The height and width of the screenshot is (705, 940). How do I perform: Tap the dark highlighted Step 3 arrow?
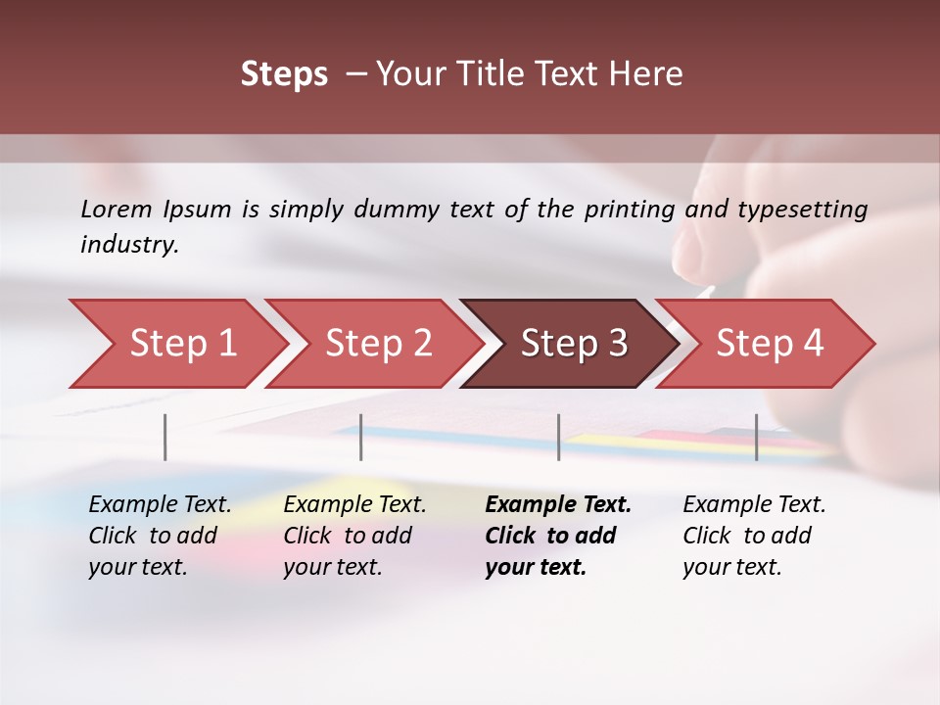point(574,344)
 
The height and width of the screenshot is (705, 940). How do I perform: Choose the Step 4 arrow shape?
point(770,344)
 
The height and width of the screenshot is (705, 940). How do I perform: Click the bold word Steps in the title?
point(284,74)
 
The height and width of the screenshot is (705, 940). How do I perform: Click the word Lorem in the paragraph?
point(117,209)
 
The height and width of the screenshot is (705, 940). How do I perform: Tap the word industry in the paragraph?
point(129,244)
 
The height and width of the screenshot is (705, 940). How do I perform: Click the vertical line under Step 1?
point(165,437)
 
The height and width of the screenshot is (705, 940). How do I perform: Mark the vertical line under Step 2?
point(361,437)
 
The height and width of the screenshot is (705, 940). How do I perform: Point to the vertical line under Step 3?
point(559,437)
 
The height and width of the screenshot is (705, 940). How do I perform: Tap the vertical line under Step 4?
point(757,437)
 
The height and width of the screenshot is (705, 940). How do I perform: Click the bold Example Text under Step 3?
point(558,504)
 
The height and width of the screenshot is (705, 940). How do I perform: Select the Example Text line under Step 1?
point(160,504)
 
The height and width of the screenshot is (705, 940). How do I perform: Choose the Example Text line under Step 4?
point(754,504)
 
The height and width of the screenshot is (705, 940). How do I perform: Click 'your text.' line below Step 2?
point(333,567)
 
